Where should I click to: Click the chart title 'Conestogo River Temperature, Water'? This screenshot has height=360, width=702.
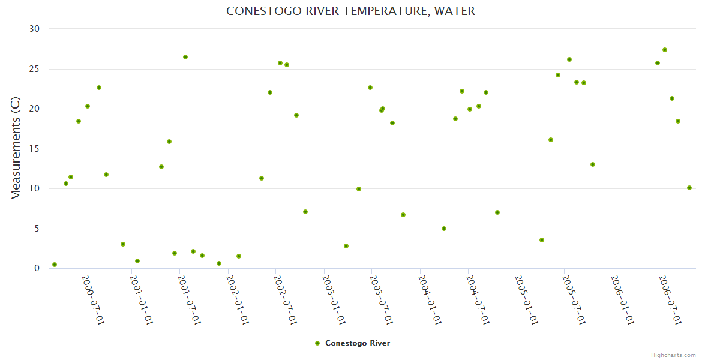(x=350, y=11)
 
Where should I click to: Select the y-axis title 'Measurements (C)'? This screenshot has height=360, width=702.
(x=16, y=148)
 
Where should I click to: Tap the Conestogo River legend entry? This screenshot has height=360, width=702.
(x=353, y=343)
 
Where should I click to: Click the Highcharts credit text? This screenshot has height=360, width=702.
(x=673, y=355)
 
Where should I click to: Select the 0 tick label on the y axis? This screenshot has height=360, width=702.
(x=37, y=269)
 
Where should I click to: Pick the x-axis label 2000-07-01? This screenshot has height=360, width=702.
(x=93, y=299)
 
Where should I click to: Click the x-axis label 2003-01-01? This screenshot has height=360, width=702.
(x=334, y=299)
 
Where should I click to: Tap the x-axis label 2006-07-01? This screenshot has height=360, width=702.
(x=670, y=299)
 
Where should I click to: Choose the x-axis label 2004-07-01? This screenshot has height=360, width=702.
(x=478, y=299)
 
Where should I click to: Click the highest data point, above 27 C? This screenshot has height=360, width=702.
(x=665, y=50)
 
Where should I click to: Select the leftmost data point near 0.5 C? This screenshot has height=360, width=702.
(x=55, y=265)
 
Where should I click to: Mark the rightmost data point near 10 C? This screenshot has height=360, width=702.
(x=689, y=188)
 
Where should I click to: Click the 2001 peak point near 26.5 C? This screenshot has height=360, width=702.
(x=185, y=57)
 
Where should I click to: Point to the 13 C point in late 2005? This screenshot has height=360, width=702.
(x=593, y=164)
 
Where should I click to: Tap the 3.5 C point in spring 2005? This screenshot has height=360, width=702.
(x=542, y=240)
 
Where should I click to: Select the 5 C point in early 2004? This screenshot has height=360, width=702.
(x=444, y=229)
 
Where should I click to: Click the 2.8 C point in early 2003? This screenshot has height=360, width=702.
(x=346, y=246)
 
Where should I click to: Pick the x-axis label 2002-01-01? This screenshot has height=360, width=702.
(x=238, y=299)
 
